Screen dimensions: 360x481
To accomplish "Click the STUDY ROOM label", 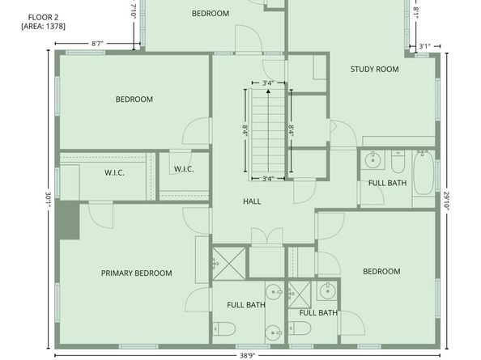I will point(374,70).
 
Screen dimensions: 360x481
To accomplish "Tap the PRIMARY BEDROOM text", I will point(136,273).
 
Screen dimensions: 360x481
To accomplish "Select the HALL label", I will point(252,201).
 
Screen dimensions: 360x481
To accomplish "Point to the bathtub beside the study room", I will point(424,175).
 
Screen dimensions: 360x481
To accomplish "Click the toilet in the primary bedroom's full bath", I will point(224,328).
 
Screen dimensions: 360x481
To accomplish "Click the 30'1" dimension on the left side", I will point(49,200).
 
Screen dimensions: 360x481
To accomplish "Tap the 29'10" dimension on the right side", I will point(446,201).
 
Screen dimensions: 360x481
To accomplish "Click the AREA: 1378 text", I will point(44,27).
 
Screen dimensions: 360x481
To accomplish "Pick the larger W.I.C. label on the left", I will point(114,172).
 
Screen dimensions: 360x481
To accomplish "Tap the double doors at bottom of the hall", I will point(266,236).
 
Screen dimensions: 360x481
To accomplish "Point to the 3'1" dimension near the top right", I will point(425,46).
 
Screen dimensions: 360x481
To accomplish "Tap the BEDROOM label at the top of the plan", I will point(210,14).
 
